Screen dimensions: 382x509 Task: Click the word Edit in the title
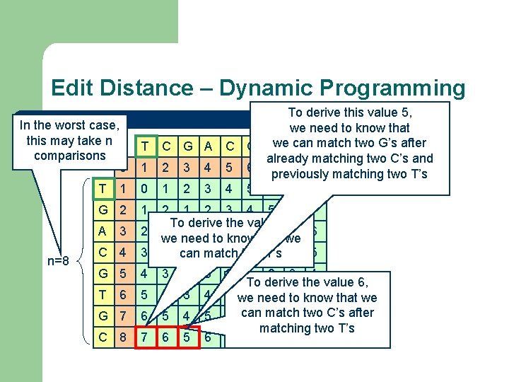point(74,88)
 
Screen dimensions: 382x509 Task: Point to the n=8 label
point(57,261)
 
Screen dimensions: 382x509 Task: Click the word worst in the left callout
point(71,125)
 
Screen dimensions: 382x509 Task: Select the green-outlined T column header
point(145,146)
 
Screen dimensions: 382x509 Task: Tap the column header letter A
point(208,146)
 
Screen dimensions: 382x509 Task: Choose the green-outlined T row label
point(103,189)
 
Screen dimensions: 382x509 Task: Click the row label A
point(103,231)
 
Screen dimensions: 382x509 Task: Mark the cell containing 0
point(145,189)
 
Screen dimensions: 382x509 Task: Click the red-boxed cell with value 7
point(145,338)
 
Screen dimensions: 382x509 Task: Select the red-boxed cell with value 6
point(165,338)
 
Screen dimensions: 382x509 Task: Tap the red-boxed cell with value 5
point(187,338)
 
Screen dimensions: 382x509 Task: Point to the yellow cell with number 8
point(124,338)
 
